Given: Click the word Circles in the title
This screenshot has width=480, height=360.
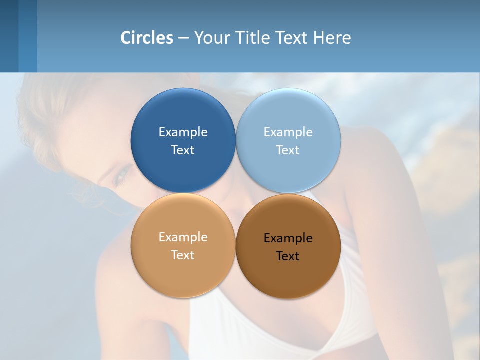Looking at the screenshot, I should point(147,38).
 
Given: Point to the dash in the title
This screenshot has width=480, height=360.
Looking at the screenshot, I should point(183,38).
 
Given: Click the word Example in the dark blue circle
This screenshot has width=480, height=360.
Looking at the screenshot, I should point(183,132).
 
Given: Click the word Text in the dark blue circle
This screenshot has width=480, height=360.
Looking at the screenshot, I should point(183,150).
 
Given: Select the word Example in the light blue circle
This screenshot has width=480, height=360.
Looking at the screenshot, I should point(288,132).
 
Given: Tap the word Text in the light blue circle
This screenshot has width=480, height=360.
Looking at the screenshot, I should point(288,150).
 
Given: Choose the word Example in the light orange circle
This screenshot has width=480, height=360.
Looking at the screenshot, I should point(183,237).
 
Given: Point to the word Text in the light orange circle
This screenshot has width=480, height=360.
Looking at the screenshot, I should point(183,255).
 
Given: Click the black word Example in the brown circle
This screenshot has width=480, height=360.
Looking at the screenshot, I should point(288,238).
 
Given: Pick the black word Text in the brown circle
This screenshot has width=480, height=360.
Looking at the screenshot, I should point(288,256).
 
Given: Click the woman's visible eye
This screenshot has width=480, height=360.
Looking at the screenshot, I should point(121,176).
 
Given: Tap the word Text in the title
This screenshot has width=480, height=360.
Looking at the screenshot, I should point(291,38).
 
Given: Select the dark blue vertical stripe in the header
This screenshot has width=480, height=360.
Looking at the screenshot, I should point(9,36).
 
